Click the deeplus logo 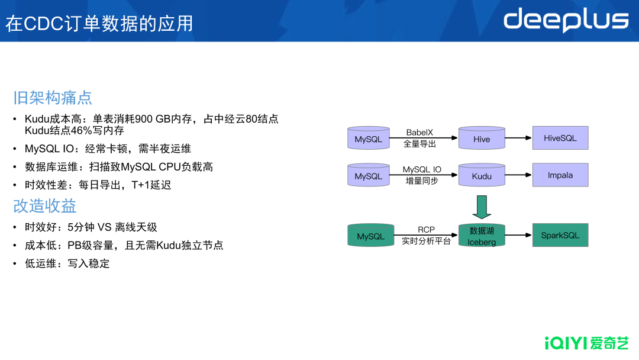[x=566, y=20]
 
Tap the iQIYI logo [x=586, y=343]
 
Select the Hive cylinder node [x=482, y=138]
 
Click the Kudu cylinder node [x=482, y=175]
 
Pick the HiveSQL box [x=560, y=138]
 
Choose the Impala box [x=560, y=175]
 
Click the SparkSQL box [x=560, y=235]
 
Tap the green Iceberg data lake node [x=482, y=235]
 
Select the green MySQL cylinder [x=371, y=235]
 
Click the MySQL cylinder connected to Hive [x=369, y=138]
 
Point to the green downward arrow [x=482, y=207]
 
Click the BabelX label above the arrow [x=419, y=132]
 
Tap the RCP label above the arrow [x=426, y=230]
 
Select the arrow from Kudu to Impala [x=518, y=175]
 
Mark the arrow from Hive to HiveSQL [x=518, y=138]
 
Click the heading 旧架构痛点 [x=53, y=98]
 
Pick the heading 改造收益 [x=45, y=206]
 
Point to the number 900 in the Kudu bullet [x=144, y=119]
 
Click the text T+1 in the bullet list [x=140, y=185]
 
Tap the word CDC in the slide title [x=44, y=24]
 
